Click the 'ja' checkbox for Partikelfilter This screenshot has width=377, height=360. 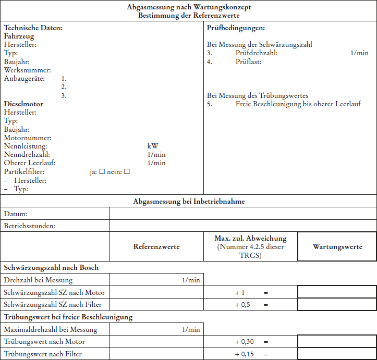pos(102,171)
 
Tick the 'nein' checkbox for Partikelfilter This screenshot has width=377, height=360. pos(127,171)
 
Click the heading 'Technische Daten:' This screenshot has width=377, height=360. pos(33,28)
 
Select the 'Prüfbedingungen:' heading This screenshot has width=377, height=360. pos(236,28)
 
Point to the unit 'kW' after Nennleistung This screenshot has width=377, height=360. pos(153,146)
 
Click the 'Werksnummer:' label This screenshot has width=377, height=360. pos(27,70)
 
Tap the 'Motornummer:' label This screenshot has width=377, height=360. pos(28,138)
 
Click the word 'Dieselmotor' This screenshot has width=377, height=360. pos(23,104)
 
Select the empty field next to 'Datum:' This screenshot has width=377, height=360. pos(242,214)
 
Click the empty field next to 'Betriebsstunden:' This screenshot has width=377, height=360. pos(242,226)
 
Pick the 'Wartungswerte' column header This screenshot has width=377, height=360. pos(337,246)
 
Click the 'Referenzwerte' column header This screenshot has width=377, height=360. pos(156,246)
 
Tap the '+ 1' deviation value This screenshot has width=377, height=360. pos(240,293)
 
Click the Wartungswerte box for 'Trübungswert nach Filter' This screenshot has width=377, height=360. pos(337,354)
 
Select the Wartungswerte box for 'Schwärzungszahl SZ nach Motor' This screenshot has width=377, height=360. pos(337,292)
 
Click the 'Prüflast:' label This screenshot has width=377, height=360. pos(248,61)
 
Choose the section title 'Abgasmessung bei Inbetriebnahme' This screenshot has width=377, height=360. pos(189,201)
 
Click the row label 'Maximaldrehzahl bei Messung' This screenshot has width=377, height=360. pos(50,329)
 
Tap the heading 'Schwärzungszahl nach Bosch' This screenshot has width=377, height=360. pos(51,267)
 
